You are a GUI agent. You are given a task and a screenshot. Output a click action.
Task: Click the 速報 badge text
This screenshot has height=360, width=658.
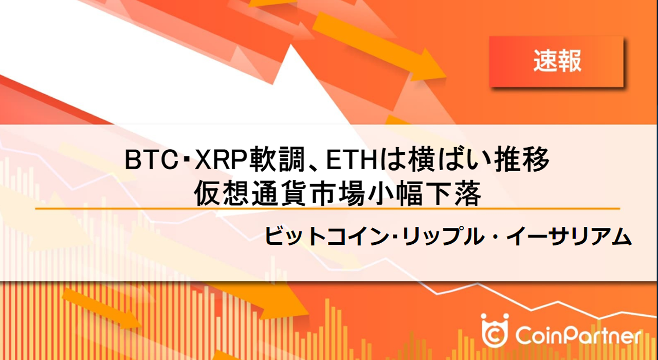tap(557, 62)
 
